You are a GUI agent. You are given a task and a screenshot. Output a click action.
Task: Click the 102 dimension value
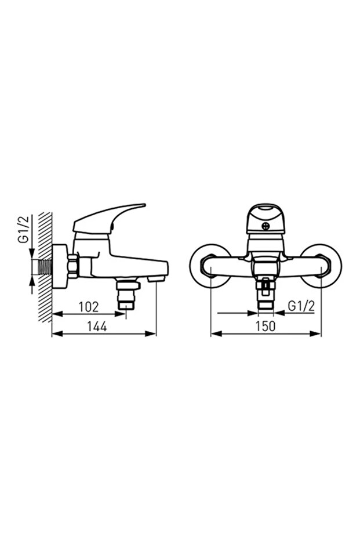pos(89,306)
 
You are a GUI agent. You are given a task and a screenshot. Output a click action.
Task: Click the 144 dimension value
pos(97,327)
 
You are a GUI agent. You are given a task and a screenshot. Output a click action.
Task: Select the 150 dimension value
pos(266,327)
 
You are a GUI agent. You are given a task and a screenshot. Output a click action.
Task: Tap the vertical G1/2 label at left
pos(23,230)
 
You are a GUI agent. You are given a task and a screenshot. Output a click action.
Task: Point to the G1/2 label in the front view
pos(301,306)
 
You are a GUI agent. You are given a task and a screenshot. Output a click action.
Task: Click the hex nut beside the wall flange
pos(73,266)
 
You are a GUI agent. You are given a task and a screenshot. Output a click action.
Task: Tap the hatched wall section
pos(45,267)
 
